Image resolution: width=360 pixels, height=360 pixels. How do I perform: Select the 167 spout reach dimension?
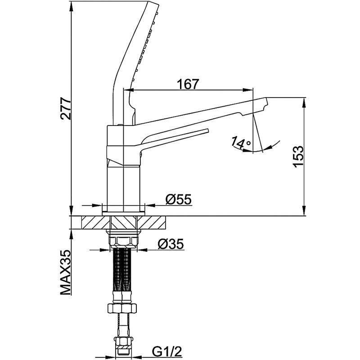[188, 84]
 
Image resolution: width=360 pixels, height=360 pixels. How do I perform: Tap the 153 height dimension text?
[298, 156]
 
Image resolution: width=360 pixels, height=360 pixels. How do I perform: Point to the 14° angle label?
[241, 142]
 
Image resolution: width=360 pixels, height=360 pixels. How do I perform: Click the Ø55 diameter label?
[178, 199]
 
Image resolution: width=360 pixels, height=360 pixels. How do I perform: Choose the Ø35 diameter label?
[171, 244]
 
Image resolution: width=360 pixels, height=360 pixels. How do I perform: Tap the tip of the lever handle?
[207, 130]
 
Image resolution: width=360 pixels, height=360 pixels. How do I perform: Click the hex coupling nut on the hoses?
[122, 307]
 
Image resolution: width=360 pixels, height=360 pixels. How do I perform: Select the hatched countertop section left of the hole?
[95, 222]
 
